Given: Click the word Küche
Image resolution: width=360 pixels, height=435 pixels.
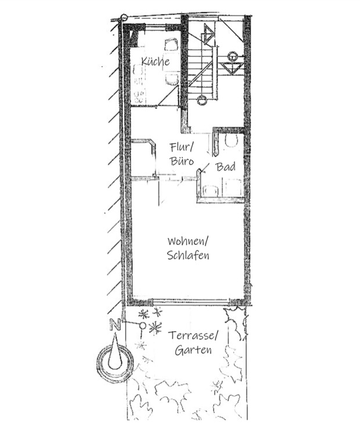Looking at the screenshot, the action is [155, 61].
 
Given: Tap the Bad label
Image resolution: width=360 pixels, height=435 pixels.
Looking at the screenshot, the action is [225, 167].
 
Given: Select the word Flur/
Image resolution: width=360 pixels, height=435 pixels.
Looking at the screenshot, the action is [182, 147].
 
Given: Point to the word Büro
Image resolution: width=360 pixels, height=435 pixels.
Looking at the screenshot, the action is [182, 161].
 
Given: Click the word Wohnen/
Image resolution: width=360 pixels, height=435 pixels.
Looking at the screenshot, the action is [188, 241].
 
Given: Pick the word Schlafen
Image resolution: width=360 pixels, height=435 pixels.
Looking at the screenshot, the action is [188, 255].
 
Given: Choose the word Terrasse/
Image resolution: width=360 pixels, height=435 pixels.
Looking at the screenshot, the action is [193, 336].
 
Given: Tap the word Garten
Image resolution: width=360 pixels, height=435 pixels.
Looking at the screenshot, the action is [193, 350].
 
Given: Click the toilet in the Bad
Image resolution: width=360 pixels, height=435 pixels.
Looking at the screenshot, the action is [231, 141].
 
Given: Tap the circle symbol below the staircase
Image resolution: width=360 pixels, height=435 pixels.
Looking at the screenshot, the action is [201, 100].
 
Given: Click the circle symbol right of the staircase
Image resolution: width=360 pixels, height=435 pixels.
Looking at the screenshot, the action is [232, 56].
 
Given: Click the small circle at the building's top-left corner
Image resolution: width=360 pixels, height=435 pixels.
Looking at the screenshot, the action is [123, 17].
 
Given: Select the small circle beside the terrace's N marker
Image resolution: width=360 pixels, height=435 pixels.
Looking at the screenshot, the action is [142, 325].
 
